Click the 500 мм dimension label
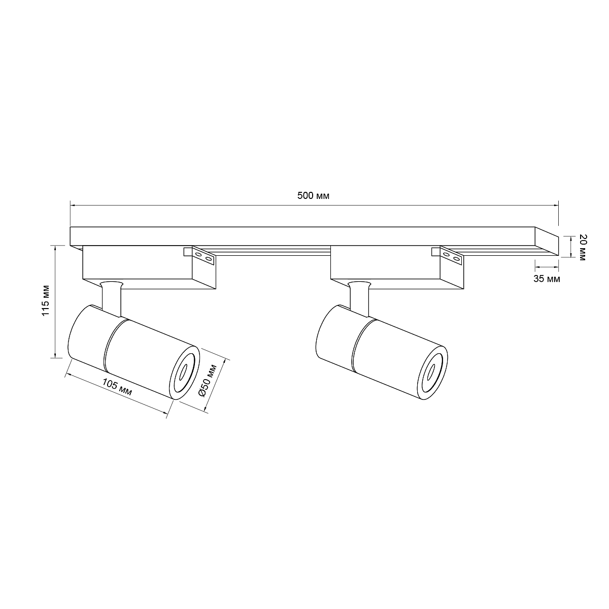(x=313, y=196)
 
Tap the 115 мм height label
(x=46, y=300)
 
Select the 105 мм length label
(x=117, y=387)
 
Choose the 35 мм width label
(x=547, y=279)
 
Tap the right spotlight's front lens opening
(x=431, y=373)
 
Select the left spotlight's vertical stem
(x=111, y=298)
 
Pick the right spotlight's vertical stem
(x=359, y=298)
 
